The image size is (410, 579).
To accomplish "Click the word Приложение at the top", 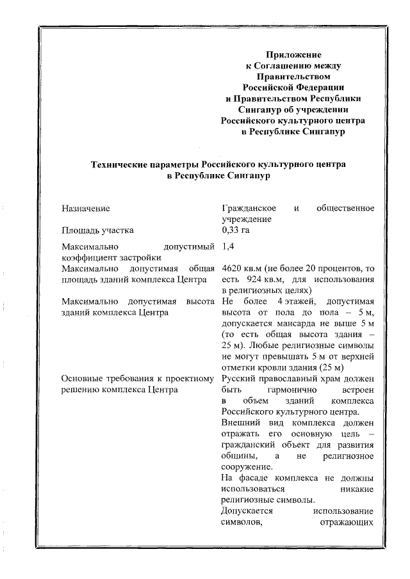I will click(x=294, y=55).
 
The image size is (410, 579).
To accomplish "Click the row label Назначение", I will click(x=86, y=209).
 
